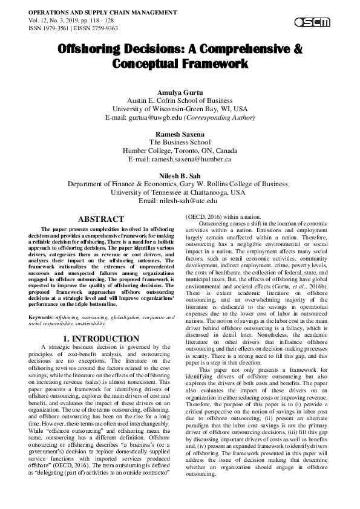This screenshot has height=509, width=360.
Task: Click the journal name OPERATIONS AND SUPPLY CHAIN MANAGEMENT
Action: coord(102,12)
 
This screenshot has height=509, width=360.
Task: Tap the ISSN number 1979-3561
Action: coord(54,28)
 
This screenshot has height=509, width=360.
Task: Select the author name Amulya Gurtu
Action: coord(180,91)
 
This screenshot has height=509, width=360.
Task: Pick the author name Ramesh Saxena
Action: coord(180,134)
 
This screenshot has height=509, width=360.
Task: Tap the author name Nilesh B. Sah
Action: coord(180,175)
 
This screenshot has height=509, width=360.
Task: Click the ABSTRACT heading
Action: coord(101,219)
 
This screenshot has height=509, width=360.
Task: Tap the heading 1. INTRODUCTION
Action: coord(101,339)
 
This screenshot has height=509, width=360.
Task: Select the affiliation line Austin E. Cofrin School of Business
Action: coord(180,100)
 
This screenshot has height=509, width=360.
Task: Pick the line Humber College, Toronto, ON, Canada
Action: coord(180,150)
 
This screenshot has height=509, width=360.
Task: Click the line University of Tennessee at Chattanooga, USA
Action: coord(180,192)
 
